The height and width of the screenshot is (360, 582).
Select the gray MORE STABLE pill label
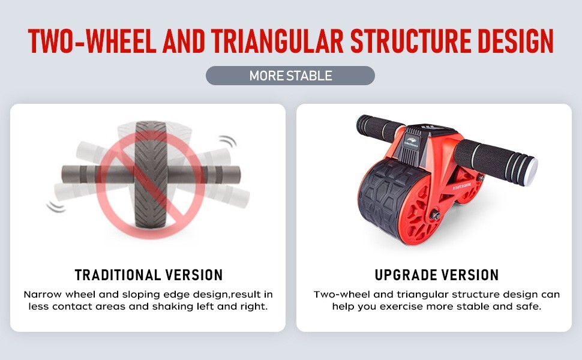290,76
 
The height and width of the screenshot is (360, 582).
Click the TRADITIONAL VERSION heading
149,275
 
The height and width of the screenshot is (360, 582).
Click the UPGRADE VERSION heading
436,275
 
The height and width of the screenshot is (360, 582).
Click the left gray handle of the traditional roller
78,175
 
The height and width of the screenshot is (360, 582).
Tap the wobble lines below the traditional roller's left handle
57,206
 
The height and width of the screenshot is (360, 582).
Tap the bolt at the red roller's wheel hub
436,215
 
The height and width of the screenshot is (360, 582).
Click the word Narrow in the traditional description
42,295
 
